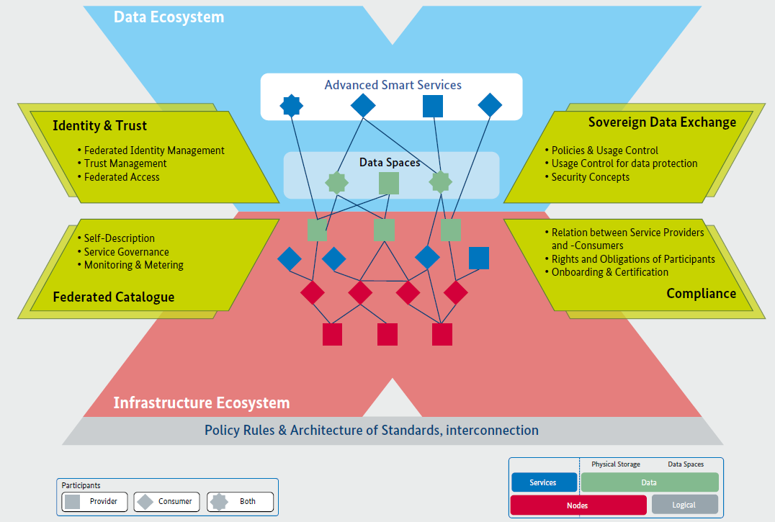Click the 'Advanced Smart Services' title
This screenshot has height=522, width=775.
[393, 85]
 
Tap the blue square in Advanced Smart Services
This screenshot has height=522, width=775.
[432, 107]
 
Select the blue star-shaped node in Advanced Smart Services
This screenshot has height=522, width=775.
[291, 107]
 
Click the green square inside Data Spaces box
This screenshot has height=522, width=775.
[389, 184]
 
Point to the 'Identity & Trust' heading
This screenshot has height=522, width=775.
[99, 126]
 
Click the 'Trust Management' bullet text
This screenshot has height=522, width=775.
[125, 163]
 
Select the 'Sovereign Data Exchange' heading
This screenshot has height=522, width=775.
[662, 122]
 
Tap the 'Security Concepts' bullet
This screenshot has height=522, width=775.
[590, 177]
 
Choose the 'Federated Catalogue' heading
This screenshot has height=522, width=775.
[114, 297]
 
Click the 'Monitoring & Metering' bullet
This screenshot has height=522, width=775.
[133, 265]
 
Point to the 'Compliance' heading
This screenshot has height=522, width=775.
[701, 293]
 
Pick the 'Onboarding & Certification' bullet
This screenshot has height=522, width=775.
[609, 272]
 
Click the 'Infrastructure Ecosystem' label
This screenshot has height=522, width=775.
[202, 402]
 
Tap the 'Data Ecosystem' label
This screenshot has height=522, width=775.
[169, 17]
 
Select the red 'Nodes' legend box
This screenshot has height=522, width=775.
[578, 505]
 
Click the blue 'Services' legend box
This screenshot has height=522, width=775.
[544, 482]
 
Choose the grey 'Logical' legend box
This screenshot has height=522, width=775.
[684, 505]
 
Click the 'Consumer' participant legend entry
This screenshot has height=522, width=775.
[166, 501]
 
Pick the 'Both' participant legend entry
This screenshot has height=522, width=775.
[241, 501]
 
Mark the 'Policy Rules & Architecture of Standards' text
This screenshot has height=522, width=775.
[372, 431]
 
